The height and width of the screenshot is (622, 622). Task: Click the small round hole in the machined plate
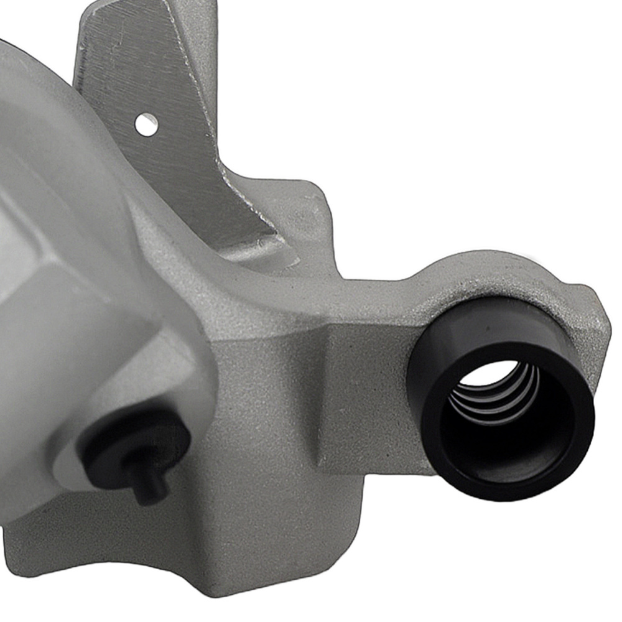146,124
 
